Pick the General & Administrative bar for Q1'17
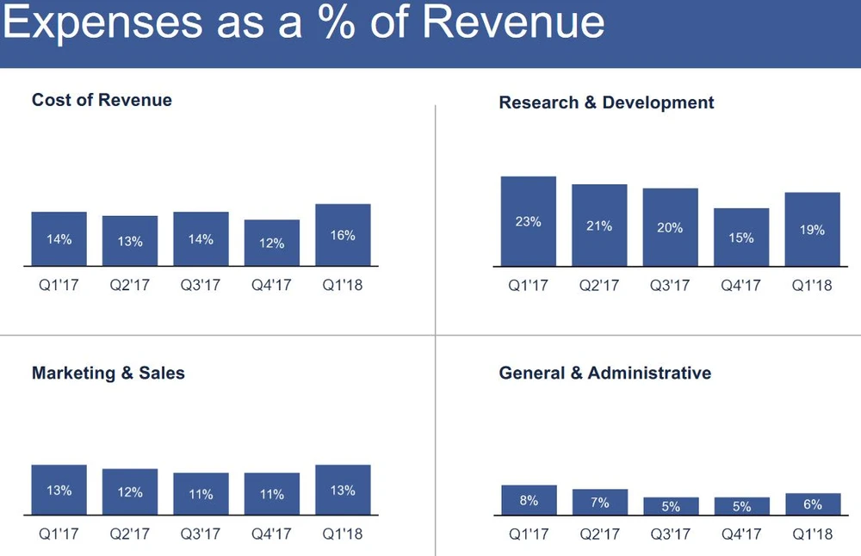[529, 500]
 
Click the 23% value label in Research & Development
[529, 222]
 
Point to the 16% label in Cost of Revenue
[343, 235]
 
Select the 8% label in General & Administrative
[529, 500]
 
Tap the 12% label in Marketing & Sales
[130, 493]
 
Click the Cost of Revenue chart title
[102, 100]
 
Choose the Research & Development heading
[606, 102]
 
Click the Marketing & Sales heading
[108, 373]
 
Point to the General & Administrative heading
[604, 373]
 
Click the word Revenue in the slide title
[513, 23]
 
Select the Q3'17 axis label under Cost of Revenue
[201, 285]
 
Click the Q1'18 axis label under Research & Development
[812, 285]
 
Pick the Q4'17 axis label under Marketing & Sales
[271, 534]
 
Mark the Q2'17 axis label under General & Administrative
[599, 534]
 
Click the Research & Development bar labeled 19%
[812, 229]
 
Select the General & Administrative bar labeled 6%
[812, 504]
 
